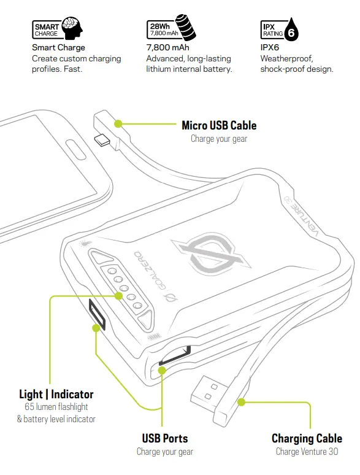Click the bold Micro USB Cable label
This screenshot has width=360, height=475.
click(219, 126)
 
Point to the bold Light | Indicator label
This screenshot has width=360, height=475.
click(56, 394)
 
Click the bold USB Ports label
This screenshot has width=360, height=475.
click(164, 438)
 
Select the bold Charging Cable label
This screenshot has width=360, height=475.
click(307, 438)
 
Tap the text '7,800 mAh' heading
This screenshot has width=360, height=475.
click(167, 47)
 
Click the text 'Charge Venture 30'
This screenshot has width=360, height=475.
click(307, 452)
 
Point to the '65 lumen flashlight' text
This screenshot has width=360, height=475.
click(56, 407)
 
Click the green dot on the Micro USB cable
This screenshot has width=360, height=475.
click(118, 123)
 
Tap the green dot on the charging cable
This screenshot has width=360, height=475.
click(241, 403)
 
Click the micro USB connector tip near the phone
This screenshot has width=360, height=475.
click(102, 141)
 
